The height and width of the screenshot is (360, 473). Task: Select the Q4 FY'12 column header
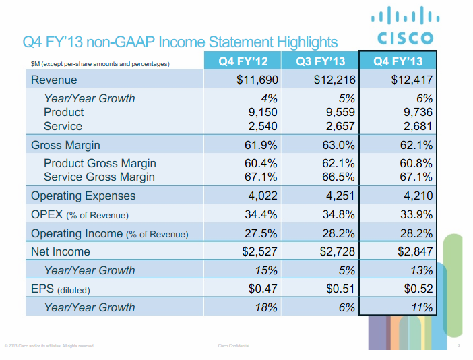point(243,61)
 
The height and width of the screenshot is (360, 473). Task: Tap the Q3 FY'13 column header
point(320,61)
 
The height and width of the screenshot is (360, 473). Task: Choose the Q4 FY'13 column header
point(398,61)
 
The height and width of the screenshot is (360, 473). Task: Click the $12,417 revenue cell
point(412,80)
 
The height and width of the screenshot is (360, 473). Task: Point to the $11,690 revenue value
point(257,80)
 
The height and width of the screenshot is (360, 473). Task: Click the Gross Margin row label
point(65,145)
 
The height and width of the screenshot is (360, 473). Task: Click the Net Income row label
point(60,252)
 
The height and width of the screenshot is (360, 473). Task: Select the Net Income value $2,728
point(335,252)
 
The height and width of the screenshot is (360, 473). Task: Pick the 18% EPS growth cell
point(267,307)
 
